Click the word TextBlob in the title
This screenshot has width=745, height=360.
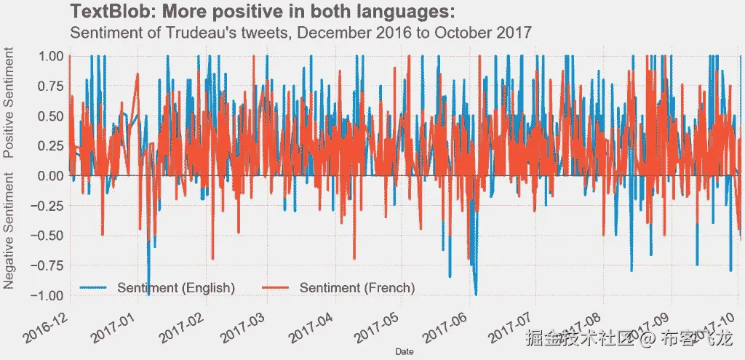(105, 12)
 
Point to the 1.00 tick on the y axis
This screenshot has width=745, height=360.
(51, 56)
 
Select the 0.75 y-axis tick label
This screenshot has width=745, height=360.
(51, 86)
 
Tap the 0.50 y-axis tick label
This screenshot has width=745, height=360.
(51, 116)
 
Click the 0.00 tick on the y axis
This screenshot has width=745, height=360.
(51, 175)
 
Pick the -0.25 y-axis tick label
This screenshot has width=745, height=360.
(49, 205)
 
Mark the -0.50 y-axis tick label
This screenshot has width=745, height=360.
(49, 235)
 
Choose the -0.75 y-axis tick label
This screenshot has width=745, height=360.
(49, 265)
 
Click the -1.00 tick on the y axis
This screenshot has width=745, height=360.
(49, 295)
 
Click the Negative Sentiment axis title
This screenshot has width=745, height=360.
(9, 231)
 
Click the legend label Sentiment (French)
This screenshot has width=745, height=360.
(357, 288)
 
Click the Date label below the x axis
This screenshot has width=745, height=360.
(405, 351)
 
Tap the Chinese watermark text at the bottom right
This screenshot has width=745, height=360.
(629, 338)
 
